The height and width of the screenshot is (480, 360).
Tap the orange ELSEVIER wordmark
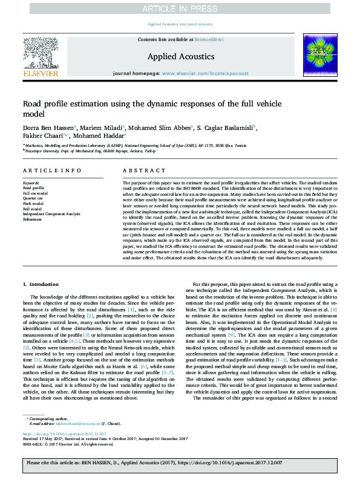41,74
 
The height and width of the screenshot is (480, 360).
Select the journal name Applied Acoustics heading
180,56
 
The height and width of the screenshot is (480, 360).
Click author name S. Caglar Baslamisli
224,127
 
